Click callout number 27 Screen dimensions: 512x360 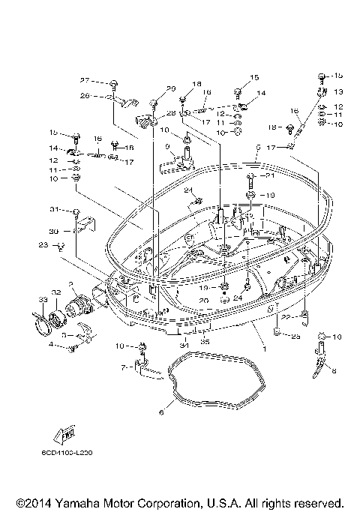tap(85, 80)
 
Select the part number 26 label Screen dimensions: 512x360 tap(85, 95)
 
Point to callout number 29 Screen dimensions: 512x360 tap(171, 88)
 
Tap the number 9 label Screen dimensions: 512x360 tap(167, 145)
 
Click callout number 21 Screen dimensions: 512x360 tap(271, 176)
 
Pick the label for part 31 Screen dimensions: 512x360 tap(54, 208)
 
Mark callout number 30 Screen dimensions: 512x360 tap(54, 231)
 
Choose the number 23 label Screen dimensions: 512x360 tap(43, 244)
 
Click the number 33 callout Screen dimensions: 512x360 tap(43, 300)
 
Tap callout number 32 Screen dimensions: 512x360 tap(55, 292)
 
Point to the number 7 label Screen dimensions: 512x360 tap(124, 367)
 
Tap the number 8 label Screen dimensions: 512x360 tap(334, 370)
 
